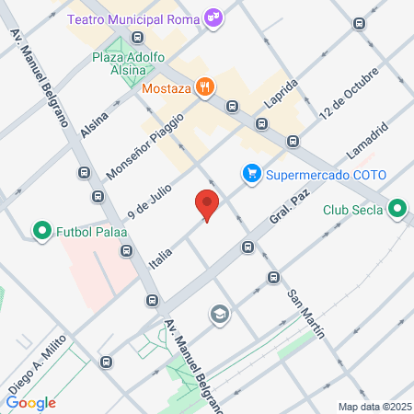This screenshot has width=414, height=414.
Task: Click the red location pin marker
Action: click(x=207, y=206)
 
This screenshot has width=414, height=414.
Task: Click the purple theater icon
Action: click(x=213, y=17)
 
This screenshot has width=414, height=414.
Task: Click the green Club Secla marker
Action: click(x=397, y=209)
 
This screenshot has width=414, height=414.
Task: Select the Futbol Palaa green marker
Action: click(x=40, y=230)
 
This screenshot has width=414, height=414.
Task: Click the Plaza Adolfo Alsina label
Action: click(x=128, y=65)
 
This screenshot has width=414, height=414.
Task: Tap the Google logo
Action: click(x=31, y=402)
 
